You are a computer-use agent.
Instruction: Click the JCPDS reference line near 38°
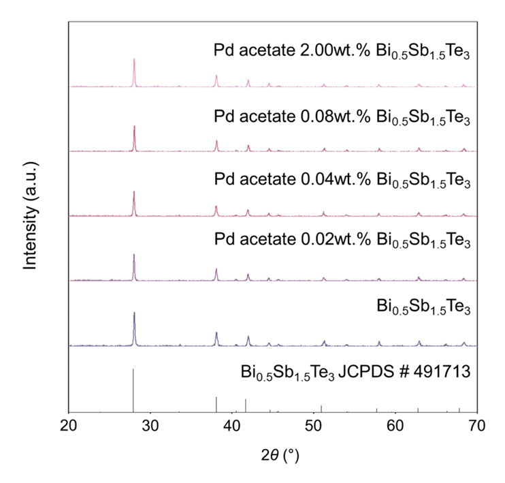[216, 404]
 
